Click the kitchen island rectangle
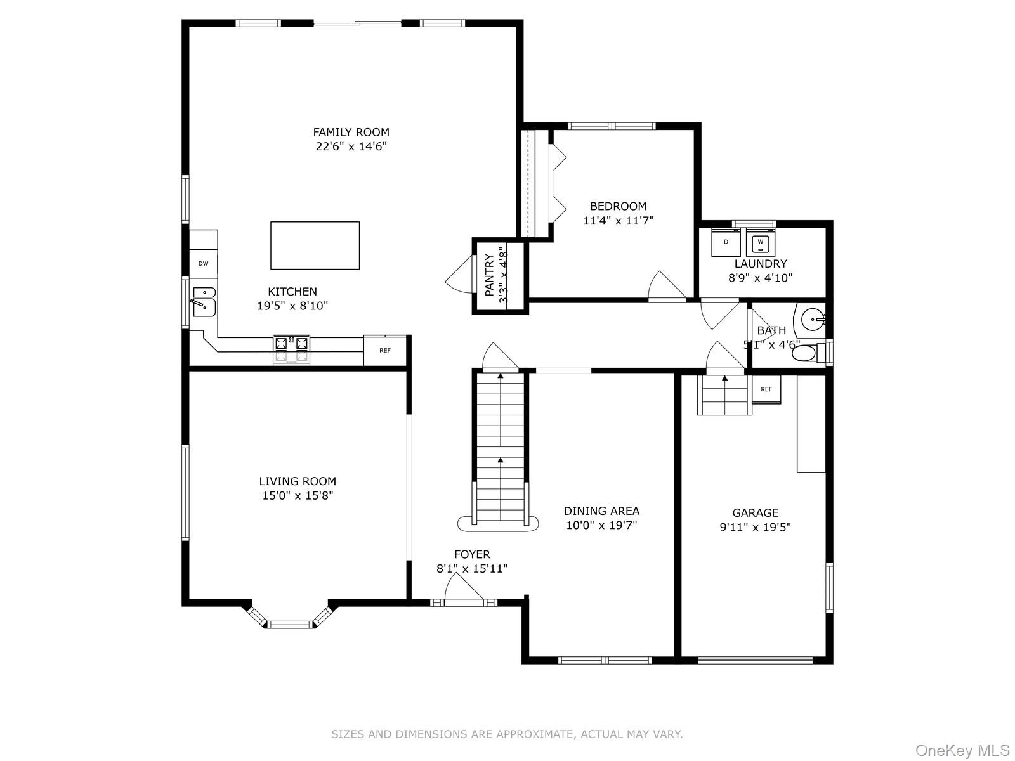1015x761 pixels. point(315,245)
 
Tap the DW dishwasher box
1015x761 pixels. point(203,264)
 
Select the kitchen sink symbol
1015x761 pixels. point(204,301)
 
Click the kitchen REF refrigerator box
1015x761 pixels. point(385,351)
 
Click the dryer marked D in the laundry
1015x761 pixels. point(726,242)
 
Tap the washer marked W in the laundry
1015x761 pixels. point(761,242)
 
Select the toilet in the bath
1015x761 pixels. point(806,353)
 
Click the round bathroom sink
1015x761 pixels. point(811,320)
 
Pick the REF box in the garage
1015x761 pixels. point(766,389)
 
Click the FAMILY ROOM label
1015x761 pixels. point(351,132)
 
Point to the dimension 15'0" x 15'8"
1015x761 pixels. point(298,495)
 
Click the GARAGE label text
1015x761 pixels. point(755,512)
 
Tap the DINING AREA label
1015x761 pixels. point(601,511)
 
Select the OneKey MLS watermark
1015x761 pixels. point(962,750)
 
